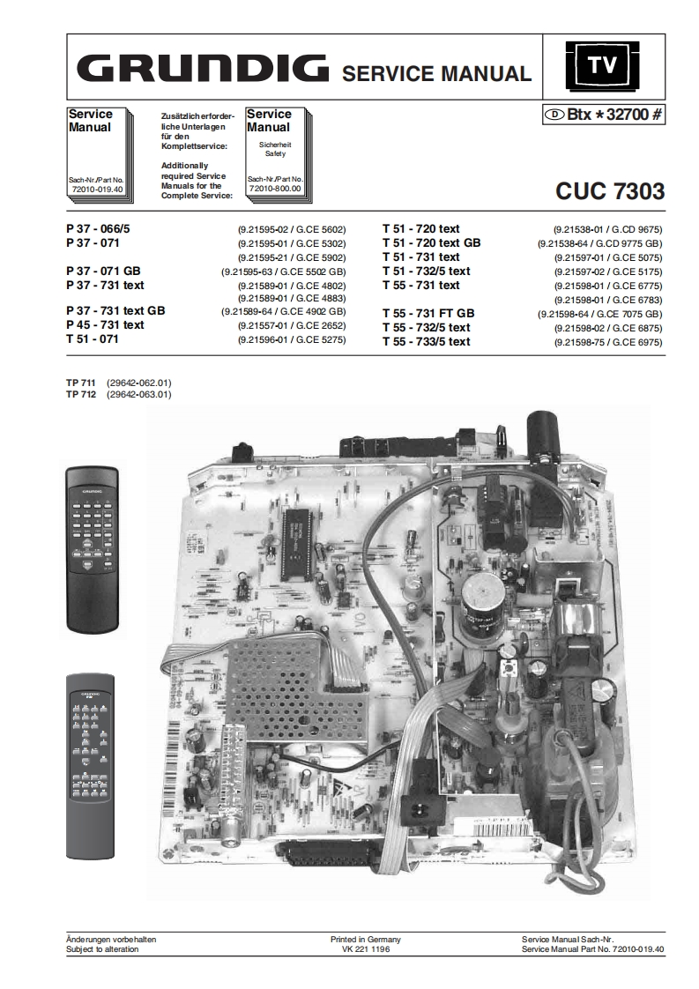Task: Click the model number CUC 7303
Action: [x=609, y=190]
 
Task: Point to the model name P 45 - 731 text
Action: [x=105, y=325]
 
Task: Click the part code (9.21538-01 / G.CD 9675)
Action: [x=606, y=229]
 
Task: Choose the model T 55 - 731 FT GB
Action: [x=428, y=314]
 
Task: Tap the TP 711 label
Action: [x=80, y=383]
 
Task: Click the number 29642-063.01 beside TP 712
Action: [x=138, y=394]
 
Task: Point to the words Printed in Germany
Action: [x=365, y=940]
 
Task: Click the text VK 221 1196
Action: [x=365, y=949]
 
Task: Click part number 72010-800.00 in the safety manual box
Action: [x=274, y=188]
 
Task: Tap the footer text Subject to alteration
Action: [x=110, y=949]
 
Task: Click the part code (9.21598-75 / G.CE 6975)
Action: [x=607, y=342]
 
